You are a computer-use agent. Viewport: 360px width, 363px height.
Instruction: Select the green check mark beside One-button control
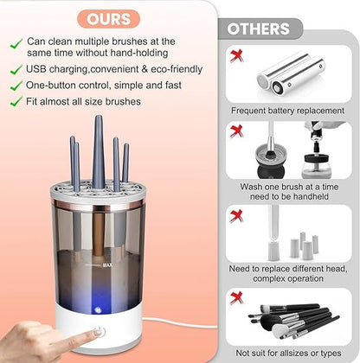point(15,86)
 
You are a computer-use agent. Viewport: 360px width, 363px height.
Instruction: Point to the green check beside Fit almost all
point(15,101)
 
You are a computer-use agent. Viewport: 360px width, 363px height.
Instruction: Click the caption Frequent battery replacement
point(288,111)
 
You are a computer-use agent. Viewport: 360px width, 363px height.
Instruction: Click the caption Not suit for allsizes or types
point(288,353)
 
